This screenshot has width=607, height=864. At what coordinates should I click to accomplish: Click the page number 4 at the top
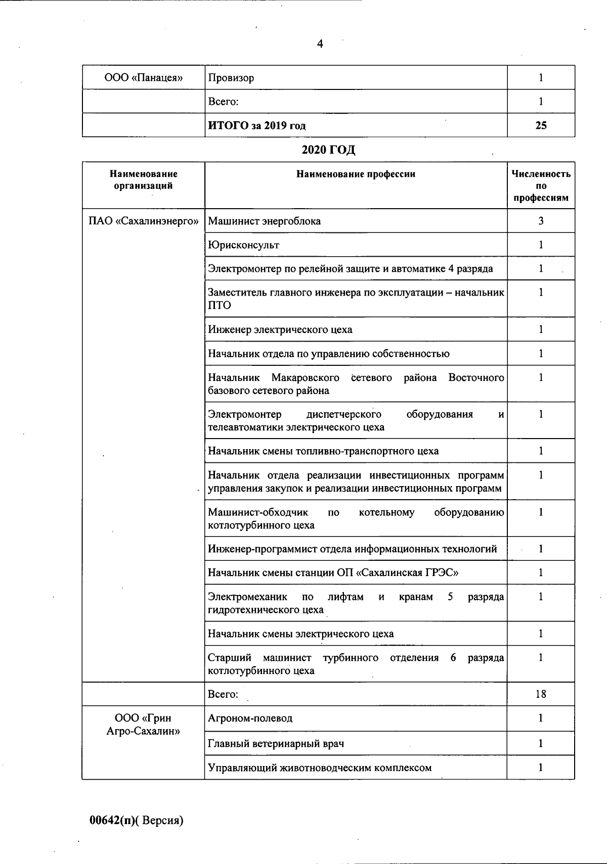pyautogui.click(x=320, y=44)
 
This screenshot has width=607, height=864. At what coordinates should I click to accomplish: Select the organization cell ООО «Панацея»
pyautogui.click(x=143, y=78)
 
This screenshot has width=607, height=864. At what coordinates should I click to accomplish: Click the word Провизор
pyautogui.click(x=231, y=78)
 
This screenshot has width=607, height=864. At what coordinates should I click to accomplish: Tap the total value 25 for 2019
pyautogui.click(x=541, y=125)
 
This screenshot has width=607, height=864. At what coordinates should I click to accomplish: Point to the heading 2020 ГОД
pyautogui.click(x=328, y=150)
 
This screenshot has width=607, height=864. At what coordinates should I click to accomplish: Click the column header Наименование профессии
pyautogui.click(x=356, y=174)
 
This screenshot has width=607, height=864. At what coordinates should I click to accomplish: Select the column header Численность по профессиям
pyautogui.click(x=541, y=185)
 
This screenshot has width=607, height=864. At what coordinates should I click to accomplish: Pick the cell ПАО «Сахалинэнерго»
pyautogui.click(x=143, y=221)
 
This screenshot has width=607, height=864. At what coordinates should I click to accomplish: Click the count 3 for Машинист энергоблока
pyautogui.click(x=541, y=221)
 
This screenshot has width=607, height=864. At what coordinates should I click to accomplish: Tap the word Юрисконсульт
pyautogui.click(x=243, y=245)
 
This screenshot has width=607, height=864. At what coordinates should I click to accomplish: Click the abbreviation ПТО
pyautogui.click(x=220, y=305)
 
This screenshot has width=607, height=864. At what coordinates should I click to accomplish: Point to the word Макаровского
pyautogui.click(x=305, y=378)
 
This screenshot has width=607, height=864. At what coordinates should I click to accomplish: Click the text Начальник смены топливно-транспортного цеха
pyautogui.click(x=323, y=451)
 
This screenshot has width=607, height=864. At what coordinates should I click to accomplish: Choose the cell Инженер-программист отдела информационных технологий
pyautogui.click(x=352, y=549)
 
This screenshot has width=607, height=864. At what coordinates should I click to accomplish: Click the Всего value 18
pyautogui.click(x=541, y=694)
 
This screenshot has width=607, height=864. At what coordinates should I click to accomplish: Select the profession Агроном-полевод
pyautogui.click(x=250, y=718)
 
